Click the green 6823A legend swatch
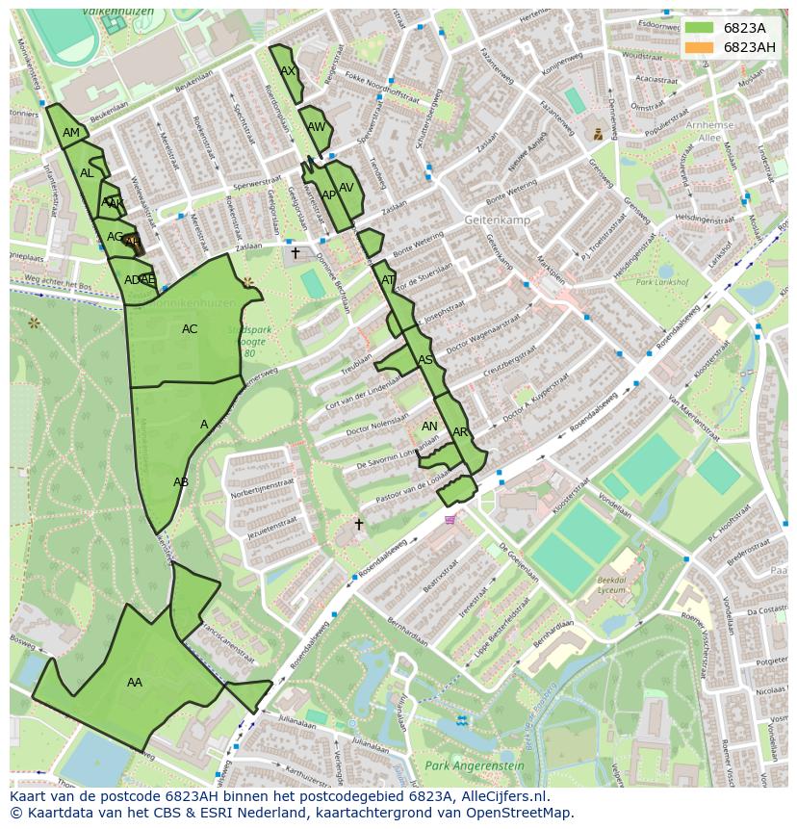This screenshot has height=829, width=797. tap(700, 28)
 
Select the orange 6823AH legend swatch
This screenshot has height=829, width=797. tap(700, 47)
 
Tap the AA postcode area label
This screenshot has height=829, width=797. tap(135, 683)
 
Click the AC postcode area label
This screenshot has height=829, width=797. tap(190, 329)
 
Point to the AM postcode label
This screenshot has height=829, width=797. tap(71, 133)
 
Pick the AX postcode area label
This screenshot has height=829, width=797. tap(288, 71)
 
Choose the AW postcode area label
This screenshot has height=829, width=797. tap(317, 127)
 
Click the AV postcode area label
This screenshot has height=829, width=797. tap(347, 188)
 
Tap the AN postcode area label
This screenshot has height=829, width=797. tap(429, 427)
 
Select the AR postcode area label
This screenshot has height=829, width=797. tap(460, 432)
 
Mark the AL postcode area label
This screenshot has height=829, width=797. tap(87, 173)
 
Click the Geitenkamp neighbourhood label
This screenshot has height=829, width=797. tap(497, 220)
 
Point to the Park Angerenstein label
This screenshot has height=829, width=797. tap(475, 766)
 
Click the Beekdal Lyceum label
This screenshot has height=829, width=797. tap(612, 586)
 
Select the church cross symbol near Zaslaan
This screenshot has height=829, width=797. tap(296, 252)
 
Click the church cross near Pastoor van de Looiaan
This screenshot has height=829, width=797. tap(359, 525)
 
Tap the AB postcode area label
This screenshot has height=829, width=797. tap(181, 482)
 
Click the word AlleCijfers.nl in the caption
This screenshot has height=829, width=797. tap(501, 796)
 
